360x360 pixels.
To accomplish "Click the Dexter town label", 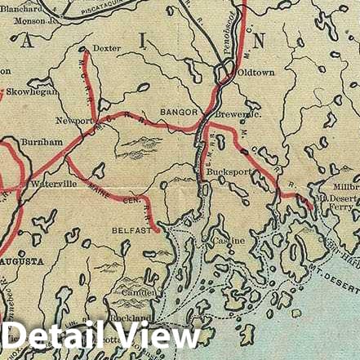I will coord(106,48).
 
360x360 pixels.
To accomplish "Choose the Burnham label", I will coord(42,141).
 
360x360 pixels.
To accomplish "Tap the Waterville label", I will coord(54,184).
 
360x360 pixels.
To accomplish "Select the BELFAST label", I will coord(131,230).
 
